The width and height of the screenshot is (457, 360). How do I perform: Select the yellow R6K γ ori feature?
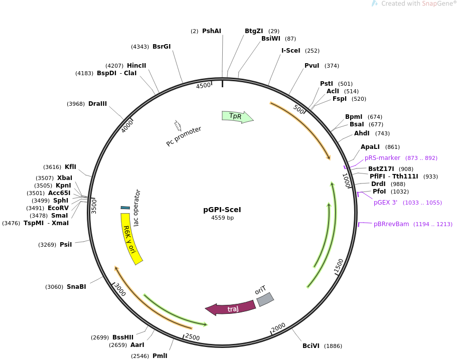(x=131, y=239)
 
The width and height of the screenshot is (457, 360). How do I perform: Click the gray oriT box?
(x=265, y=299)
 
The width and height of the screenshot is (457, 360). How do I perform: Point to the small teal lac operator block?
(x=125, y=208)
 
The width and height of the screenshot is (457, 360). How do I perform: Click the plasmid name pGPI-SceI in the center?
(x=222, y=210)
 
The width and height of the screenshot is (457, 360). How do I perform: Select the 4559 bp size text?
(x=222, y=218)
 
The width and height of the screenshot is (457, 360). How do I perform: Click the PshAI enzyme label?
(x=211, y=31)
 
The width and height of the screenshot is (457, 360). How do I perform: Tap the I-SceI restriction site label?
(x=291, y=51)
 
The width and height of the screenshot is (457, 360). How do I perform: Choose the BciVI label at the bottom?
(x=311, y=346)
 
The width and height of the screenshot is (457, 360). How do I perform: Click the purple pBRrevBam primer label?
(x=391, y=224)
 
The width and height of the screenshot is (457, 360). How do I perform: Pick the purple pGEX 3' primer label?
(x=385, y=203)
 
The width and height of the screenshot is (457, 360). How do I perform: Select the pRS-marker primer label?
(x=382, y=158)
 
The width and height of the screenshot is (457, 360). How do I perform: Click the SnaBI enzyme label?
(x=76, y=287)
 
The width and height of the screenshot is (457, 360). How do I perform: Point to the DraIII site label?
(x=97, y=104)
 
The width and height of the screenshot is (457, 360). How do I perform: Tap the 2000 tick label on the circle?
(x=278, y=327)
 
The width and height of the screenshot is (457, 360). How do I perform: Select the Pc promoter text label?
(x=184, y=136)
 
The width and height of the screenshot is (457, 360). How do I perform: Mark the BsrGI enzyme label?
(x=162, y=47)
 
